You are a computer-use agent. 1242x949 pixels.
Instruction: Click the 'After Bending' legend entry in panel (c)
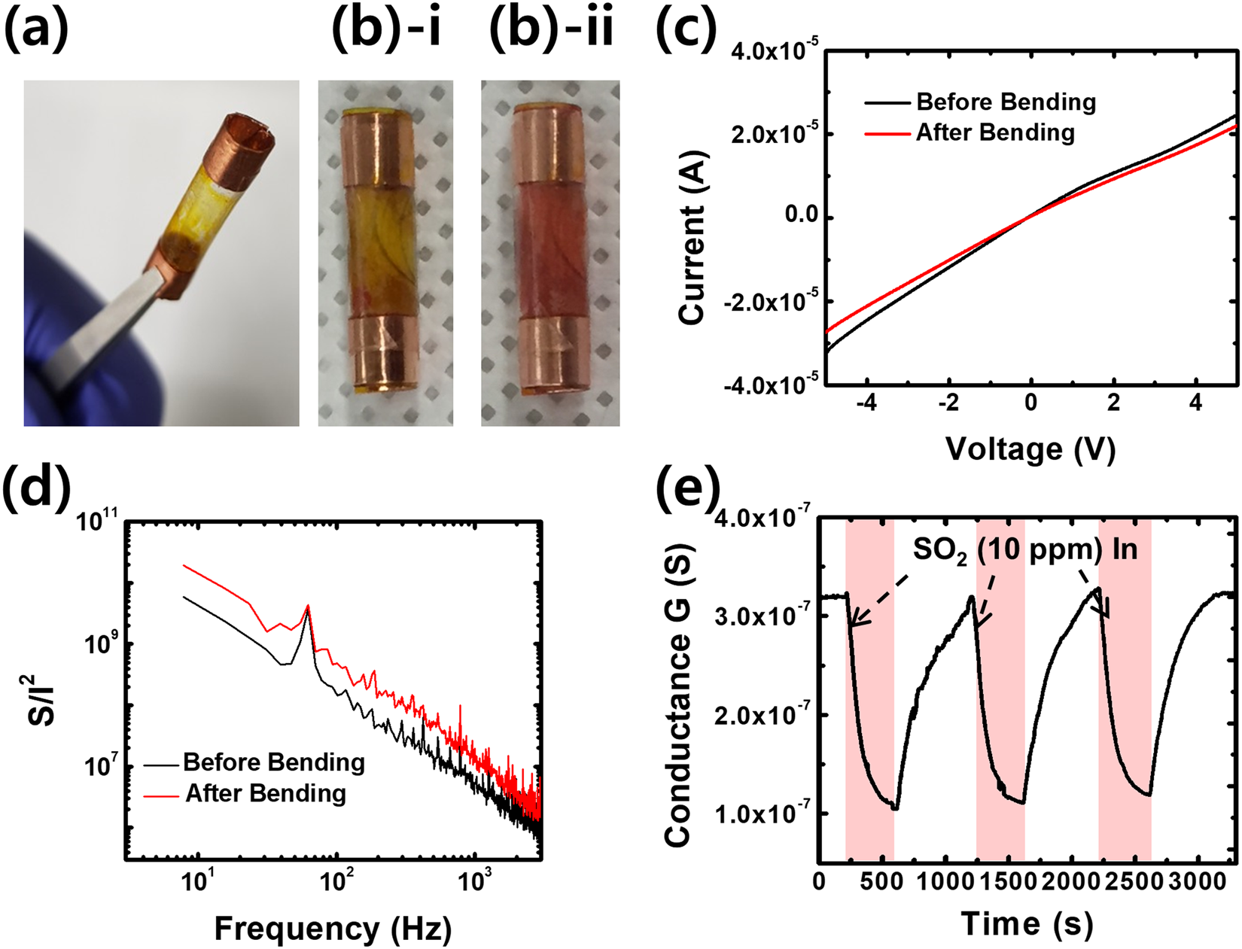[x=995, y=132]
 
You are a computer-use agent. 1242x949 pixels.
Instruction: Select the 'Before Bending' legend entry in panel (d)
[x=273, y=762]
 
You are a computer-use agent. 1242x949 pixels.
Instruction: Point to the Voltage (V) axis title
[x=1030, y=449]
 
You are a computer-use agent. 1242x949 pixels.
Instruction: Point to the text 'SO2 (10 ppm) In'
[x=1025, y=549]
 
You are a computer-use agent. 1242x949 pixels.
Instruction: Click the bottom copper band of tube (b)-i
[x=385, y=354]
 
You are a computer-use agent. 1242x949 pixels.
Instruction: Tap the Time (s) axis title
[x=1027, y=923]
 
